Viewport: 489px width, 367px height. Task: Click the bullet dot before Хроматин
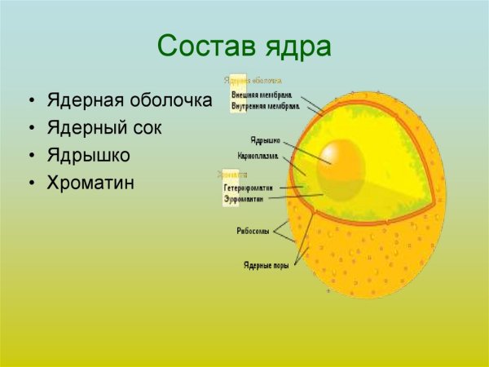coord(32,183)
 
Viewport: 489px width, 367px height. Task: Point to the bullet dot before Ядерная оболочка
coord(32,102)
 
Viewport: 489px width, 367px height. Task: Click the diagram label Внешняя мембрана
coord(262,94)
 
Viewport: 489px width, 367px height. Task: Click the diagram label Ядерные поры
coord(262,264)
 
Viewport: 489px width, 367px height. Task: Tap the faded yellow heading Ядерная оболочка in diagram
coord(254,81)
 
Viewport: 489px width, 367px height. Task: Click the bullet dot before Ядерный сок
coord(32,129)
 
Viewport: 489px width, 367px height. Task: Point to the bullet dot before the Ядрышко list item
coord(32,156)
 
